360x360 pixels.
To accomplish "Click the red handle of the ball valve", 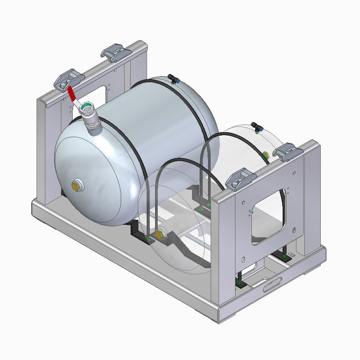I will pyautogui.click(x=72, y=93).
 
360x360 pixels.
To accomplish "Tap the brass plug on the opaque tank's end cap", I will pyautogui.click(x=77, y=186).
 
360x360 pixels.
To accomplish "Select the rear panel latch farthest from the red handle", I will pyautogui.click(x=114, y=53).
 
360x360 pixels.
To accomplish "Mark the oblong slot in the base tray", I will pyautogui.click(x=273, y=285).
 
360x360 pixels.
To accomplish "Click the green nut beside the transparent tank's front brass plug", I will pyautogui.click(x=148, y=238).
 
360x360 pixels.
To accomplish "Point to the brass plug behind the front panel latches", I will pyautogui.click(x=265, y=155).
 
